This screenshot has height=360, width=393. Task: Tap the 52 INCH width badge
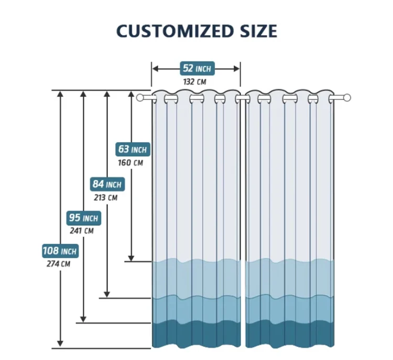195,69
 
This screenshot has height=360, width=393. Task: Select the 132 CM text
194,82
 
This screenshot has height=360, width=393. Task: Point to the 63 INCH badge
133,150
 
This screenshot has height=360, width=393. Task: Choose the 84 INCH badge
107,184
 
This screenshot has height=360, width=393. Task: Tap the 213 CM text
106,198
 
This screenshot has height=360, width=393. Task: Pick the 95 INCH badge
83,217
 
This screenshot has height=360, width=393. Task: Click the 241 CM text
82,231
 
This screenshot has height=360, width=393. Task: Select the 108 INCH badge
60,251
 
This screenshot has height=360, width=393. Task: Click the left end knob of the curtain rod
140,97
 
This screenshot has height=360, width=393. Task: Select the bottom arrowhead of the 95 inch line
83,318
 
